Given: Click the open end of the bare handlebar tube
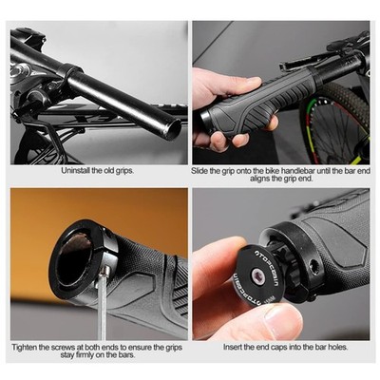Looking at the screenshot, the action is tap(174, 129).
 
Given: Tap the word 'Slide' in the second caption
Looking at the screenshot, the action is tap(199, 171).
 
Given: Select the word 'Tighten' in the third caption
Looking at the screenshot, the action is tap(25, 347).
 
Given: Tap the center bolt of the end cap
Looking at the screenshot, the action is tap(257, 276).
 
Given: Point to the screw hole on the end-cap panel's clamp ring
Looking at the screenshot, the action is tap(313, 265).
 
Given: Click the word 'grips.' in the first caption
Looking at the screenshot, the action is tap(123, 171).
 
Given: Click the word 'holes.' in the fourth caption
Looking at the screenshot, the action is tap(337, 347).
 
